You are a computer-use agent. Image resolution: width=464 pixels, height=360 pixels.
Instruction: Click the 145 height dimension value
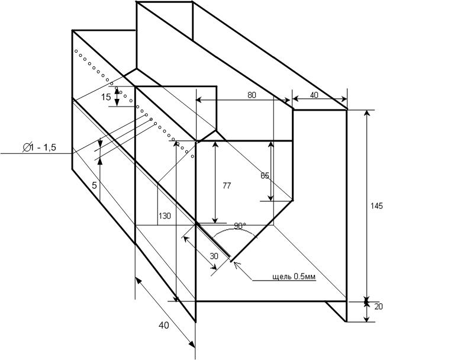click(x=376, y=206)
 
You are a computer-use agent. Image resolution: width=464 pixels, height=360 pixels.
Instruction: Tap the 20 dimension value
click(x=379, y=306)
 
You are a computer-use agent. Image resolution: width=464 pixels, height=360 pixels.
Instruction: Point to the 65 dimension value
click(x=265, y=175)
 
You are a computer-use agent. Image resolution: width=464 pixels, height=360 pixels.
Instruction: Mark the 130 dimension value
click(x=165, y=216)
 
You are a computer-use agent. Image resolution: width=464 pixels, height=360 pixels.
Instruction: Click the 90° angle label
click(x=240, y=226)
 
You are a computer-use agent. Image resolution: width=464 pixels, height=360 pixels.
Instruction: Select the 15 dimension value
click(x=106, y=97)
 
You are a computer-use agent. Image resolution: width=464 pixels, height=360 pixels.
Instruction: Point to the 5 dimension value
click(x=94, y=185)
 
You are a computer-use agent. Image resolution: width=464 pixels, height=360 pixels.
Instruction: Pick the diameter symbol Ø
click(x=27, y=148)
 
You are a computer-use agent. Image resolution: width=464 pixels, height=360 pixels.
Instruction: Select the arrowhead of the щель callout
click(x=237, y=264)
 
